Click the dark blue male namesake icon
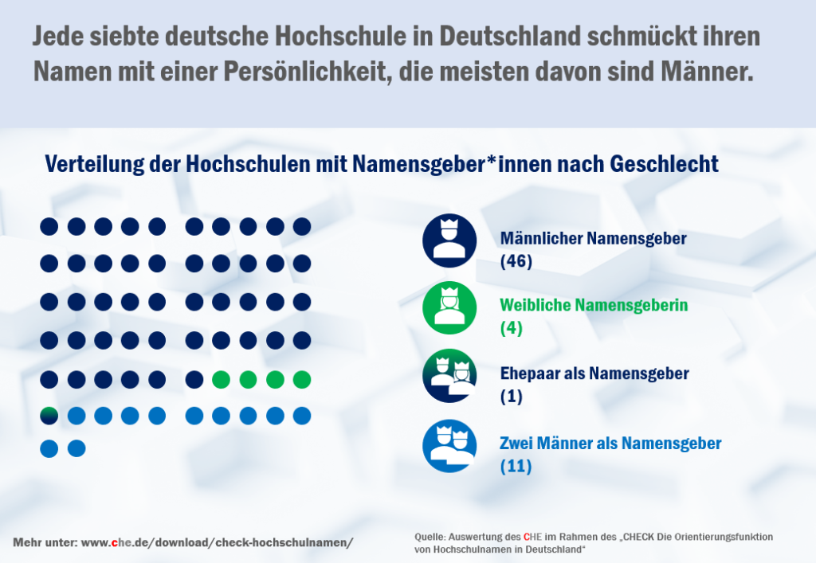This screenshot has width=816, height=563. click(449, 240)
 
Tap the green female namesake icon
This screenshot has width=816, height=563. click(449, 308)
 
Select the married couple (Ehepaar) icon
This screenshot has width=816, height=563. click(449, 376)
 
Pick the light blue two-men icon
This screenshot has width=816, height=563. click(449, 446)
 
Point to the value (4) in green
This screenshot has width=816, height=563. click(512, 327)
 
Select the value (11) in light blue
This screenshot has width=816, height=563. click(516, 467)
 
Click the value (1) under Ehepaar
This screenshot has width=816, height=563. click(512, 397)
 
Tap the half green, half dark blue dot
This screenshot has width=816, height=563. click(49, 415)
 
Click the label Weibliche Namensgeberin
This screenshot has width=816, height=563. click(594, 305)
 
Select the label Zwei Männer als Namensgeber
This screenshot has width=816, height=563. click(610, 444)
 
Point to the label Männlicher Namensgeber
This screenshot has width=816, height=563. click(594, 237)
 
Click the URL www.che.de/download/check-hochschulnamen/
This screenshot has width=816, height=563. click(218, 542)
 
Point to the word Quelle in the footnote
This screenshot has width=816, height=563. click(430, 537)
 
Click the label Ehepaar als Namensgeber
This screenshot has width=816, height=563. click(594, 373)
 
